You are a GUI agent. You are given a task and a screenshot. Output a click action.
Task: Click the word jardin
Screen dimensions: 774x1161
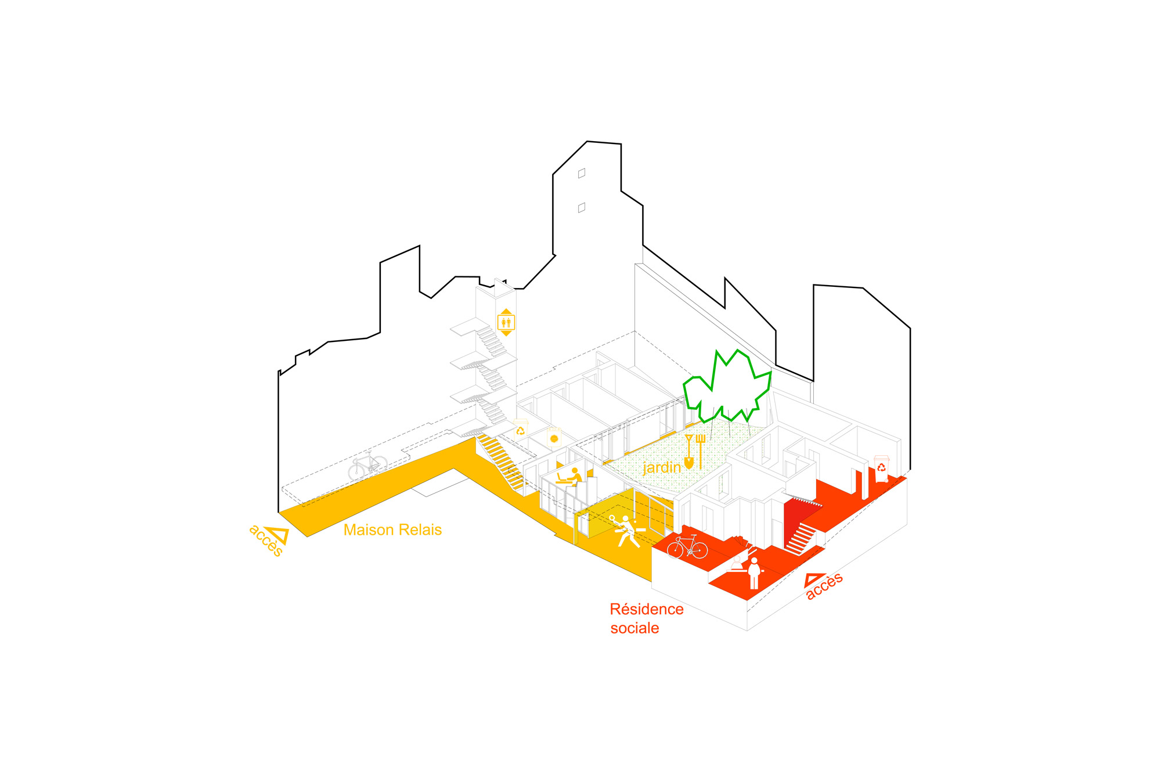(661, 467)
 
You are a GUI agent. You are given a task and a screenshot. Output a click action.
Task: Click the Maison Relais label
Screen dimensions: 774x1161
(392, 530)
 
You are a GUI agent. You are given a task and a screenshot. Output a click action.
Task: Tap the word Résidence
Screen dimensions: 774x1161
(647, 609)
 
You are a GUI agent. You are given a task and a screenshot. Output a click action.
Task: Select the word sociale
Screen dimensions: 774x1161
(634, 628)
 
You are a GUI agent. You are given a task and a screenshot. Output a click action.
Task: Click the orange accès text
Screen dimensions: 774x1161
(825, 587)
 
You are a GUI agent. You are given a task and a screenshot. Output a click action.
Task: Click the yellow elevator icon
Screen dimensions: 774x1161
(506, 322)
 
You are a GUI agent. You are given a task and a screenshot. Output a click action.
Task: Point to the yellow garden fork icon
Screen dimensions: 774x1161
(701, 449)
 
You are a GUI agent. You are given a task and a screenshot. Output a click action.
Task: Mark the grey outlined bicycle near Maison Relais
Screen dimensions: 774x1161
(367, 466)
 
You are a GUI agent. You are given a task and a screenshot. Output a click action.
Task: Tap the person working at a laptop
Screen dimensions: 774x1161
(569, 477)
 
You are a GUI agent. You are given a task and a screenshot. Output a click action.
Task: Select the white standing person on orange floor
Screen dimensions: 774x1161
(754, 573)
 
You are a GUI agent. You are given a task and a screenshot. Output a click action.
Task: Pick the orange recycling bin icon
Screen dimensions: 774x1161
(881, 468)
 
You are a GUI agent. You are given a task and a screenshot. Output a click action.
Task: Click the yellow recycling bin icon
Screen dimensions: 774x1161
(521, 429)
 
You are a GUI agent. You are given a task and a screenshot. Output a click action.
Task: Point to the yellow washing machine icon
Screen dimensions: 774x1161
(554, 437)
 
